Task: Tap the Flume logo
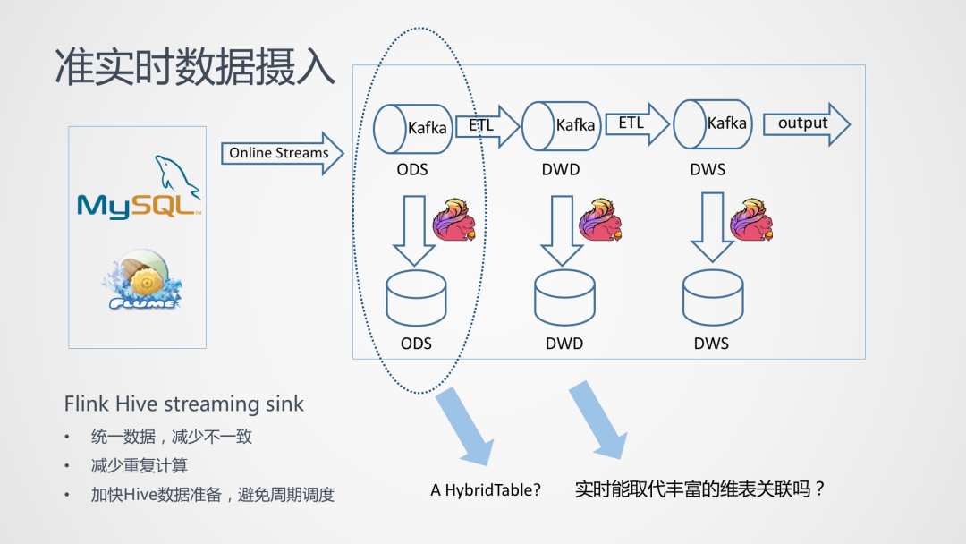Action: pos(141,280)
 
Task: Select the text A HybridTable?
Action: pos(486,490)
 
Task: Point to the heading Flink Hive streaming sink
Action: pos(184,404)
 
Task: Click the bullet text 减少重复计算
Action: pos(140,465)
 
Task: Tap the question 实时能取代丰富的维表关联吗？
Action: pos(699,489)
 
